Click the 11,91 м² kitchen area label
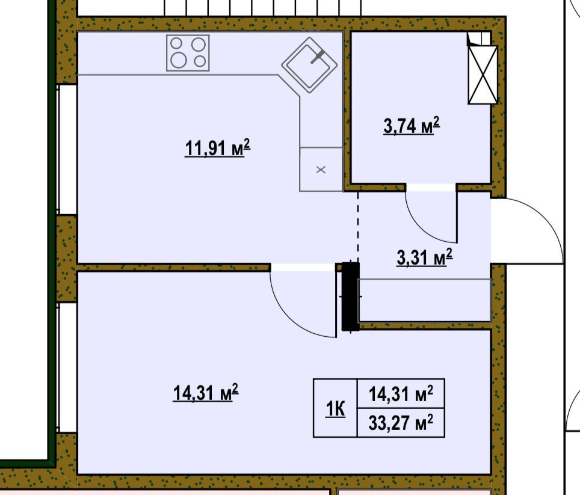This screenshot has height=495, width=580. (217, 148)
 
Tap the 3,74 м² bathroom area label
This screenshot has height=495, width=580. (412, 125)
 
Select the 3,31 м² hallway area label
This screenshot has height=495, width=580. (424, 257)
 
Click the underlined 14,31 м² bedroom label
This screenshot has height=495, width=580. (205, 392)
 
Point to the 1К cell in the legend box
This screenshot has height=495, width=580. (335, 408)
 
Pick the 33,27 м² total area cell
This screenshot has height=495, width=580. (401, 423)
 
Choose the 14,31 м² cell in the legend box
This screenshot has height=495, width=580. (401, 394)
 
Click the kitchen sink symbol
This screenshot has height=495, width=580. (310, 65)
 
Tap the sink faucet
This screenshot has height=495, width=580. (317, 57)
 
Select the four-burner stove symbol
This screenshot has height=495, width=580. (188, 53)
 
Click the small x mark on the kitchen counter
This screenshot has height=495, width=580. (321, 170)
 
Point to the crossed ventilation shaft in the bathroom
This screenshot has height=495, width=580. (483, 75)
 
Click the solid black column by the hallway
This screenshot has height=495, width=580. (350, 296)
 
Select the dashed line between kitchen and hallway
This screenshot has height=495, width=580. (358, 226)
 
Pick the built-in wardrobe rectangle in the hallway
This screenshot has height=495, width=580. (425, 300)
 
